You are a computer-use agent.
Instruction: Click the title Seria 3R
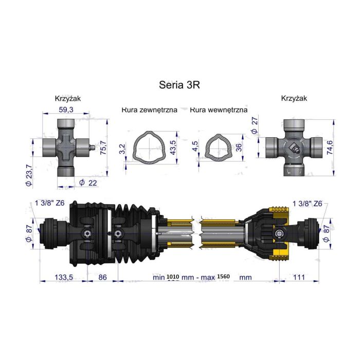[180, 84]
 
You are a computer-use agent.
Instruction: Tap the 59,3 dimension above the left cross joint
[67, 110]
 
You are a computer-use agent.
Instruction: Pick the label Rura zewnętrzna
[150, 110]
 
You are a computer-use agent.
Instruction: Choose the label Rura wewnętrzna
[219, 110]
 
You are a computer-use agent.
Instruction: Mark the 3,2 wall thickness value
[121, 150]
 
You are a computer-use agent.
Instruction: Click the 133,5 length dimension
[65, 277]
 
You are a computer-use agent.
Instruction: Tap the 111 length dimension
[298, 277]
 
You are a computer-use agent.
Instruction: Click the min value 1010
[174, 277]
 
